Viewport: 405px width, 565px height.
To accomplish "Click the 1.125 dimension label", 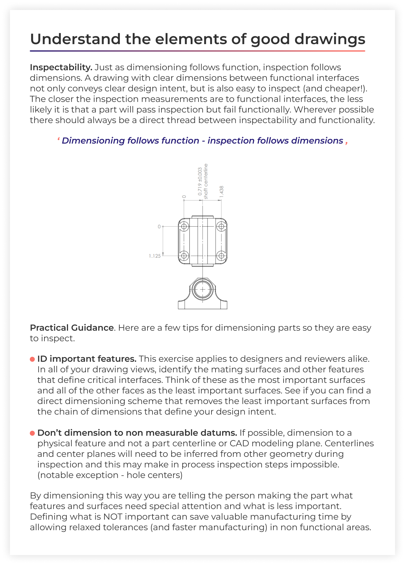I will click(x=155, y=256).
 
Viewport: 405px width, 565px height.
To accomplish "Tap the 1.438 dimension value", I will click(x=221, y=191).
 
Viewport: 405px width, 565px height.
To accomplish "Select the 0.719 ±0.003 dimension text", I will click(x=200, y=181).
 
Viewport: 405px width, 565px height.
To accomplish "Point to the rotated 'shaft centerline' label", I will click(x=206, y=181).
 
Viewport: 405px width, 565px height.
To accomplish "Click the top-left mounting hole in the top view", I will click(x=184, y=226).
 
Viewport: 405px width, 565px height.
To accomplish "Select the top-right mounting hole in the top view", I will click(x=221, y=226).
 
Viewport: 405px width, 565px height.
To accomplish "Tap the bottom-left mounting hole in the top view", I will click(x=184, y=256).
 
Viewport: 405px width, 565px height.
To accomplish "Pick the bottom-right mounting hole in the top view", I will click(x=221, y=256).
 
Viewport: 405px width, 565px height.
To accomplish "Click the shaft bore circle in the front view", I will click(x=202, y=289).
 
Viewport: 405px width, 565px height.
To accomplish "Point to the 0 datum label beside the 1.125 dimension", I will click(x=159, y=227).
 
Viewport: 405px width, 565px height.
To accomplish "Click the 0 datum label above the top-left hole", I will click(x=184, y=197).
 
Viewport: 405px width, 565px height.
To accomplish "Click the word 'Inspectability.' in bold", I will click(x=61, y=67).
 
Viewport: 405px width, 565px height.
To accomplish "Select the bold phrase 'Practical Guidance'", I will click(x=72, y=328).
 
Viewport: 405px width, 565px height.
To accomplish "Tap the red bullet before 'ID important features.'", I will click(x=32, y=359).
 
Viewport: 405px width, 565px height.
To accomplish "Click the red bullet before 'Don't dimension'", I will click(x=32, y=433).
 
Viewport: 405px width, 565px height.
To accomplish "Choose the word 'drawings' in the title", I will click(x=330, y=39).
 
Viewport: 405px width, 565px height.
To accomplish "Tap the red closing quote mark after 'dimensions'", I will click(x=346, y=143).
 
